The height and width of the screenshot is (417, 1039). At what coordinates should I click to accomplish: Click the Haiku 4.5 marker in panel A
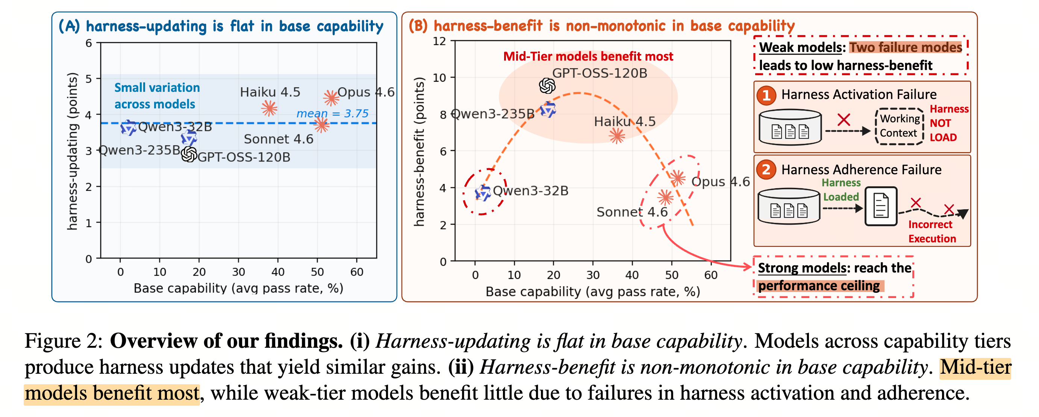pos(269,108)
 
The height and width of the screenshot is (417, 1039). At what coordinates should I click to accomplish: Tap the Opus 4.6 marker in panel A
pos(331,98)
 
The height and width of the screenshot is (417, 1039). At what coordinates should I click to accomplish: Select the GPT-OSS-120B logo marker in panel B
pos(547,85)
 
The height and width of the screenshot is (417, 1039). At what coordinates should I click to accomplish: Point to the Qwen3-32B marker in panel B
pos(482,193)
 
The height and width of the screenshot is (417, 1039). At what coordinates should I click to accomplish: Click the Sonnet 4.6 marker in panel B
pos(665,198)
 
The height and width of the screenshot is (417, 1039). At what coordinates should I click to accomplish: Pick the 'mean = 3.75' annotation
pos(332,113)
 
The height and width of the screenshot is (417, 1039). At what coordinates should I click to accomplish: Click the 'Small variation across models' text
pos(157,96)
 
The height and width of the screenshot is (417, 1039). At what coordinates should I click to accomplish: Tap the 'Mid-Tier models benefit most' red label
pos(588,56)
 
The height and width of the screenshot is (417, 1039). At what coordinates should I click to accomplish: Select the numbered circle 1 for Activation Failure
pos(766,95)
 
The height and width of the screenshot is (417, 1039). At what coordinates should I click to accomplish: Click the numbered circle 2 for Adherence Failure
pos(766,169)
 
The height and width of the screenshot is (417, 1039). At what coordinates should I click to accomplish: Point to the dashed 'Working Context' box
pos(900,126)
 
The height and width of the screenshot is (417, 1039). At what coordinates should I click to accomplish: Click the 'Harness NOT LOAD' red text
pos(949,123)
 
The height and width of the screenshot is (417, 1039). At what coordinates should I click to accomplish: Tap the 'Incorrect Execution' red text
pos(932,231)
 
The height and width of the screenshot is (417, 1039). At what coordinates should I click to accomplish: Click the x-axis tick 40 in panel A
pos(278,272)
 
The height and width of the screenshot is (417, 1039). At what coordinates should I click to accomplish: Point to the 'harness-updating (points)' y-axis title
pos(72,151)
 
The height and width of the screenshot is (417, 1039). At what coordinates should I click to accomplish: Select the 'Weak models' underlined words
pos(801,47)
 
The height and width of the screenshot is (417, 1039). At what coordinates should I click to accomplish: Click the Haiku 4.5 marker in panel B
pos(617,135)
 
